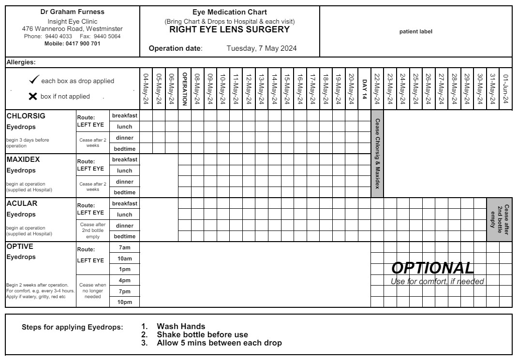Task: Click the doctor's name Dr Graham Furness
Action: click(x=72, y=12)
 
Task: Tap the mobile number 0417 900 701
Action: click(x=73, y=43)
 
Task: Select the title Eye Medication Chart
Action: click(x=229, y=12)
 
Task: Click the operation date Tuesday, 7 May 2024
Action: click(x=262, y=48)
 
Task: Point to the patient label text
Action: click(x=415, y=32)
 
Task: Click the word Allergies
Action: click(x=22, y=62)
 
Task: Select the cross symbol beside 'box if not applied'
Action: click(x=32, y=96)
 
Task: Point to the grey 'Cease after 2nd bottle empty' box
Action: click(x=499, y=219)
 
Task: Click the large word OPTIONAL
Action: click(x=432, y=268)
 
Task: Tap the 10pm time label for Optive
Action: click(x=125, y=302)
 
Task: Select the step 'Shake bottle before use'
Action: click(x=202, y=334)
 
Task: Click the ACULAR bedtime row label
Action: click(x=125, y=236)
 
